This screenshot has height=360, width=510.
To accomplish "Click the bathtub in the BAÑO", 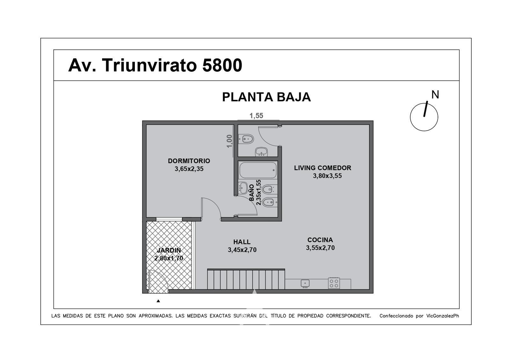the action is point(258,170).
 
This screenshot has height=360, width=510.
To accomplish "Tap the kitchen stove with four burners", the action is point(334,283).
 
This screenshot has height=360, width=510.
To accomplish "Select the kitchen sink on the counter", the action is point(305,283).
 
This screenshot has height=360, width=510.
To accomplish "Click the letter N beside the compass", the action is point(435,94).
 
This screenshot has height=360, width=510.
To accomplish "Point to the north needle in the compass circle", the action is point(425,109).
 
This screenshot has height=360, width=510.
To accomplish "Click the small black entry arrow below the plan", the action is point(158,301).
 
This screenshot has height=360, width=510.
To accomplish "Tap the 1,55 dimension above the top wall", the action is point(256,116).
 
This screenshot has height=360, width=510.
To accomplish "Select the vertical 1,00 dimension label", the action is point(229,141).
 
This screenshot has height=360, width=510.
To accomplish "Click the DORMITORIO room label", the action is point(189,161).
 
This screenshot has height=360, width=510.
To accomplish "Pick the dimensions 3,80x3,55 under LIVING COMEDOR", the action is point(327,176).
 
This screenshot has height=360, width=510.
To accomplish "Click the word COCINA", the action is point(320,240).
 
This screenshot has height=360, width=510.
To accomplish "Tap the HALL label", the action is point(242,242).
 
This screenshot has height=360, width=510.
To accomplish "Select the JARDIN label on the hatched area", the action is point(169,250).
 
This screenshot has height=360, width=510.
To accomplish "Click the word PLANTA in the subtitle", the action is point(247,97).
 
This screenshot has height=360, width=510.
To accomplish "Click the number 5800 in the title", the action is point(222,65).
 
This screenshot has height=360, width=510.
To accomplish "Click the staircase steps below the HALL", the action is point(246,279).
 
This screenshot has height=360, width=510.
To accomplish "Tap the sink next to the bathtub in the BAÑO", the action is point(243,188).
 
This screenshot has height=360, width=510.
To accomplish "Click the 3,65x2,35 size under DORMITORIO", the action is point(189,169).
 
